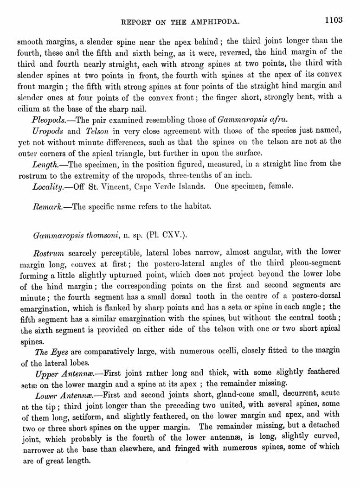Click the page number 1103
[x=333, y=20]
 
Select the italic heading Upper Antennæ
[x=64, y=373]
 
